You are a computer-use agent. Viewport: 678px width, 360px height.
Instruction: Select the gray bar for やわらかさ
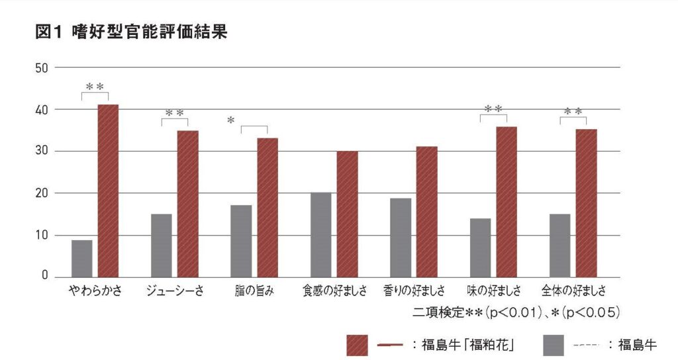81,258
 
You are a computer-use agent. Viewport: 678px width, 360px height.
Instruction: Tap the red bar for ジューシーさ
187,204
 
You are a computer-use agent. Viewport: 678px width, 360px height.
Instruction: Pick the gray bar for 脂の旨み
241,241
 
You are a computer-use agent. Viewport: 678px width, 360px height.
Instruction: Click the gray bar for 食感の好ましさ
320,234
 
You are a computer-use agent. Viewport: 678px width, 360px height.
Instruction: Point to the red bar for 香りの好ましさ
426,212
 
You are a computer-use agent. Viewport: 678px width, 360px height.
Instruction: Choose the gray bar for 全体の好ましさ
559,245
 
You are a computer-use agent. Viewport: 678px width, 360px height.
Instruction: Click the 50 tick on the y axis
42,67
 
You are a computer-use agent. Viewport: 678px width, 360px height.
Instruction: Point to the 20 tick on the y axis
42,193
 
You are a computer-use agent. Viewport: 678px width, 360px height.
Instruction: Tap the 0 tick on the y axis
45,277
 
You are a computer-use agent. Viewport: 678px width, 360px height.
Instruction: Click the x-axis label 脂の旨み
254,291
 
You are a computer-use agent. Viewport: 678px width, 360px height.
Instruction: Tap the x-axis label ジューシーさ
174,291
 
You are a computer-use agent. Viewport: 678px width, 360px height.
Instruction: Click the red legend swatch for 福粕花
357,345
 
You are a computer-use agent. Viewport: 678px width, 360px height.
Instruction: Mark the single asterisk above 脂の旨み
230,120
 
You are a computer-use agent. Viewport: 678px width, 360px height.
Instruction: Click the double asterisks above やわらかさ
95,87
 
